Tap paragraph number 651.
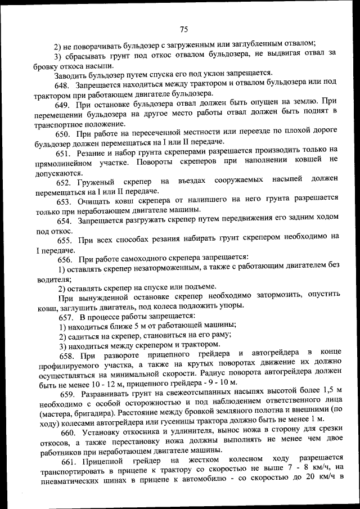tap(63, 151)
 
